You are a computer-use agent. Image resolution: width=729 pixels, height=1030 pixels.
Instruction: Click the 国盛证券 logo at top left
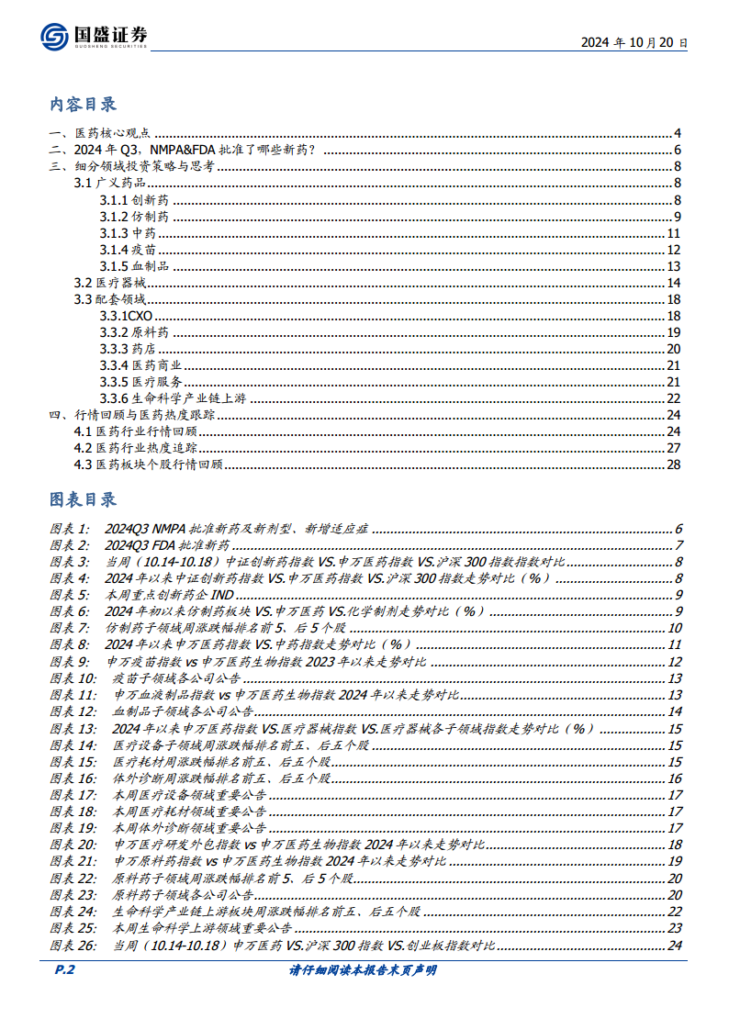coord(94,36)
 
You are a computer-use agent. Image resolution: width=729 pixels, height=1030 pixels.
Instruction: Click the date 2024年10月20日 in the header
coord(634,42)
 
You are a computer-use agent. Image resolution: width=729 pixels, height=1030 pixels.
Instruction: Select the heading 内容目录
coord(83,104)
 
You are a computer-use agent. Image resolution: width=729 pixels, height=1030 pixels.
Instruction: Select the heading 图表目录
coord(83,499)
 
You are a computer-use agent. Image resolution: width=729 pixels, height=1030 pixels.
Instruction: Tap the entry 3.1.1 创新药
coord(134,200)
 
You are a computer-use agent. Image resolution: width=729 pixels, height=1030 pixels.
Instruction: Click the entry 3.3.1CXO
coord(127,316)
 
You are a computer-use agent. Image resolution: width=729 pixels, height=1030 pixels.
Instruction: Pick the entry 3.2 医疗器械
coord(109,283)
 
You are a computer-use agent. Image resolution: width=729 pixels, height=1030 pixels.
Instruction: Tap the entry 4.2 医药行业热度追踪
coord(135,448)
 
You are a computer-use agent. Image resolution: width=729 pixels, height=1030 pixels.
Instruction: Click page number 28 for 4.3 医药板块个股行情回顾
coord(673,465)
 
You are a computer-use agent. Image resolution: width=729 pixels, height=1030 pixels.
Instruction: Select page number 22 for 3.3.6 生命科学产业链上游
coord(673,398)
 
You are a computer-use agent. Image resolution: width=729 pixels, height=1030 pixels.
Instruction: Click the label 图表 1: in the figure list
coord(70,530)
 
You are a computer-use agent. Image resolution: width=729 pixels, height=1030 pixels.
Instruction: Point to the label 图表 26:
coord(73,945)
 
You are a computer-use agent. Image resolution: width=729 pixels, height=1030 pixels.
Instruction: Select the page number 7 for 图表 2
coord(677,546)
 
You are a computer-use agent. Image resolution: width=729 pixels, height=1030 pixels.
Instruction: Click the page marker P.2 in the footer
coord(61,970)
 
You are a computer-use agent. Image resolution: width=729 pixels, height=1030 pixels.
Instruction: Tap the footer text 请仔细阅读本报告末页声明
coord(363,970)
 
